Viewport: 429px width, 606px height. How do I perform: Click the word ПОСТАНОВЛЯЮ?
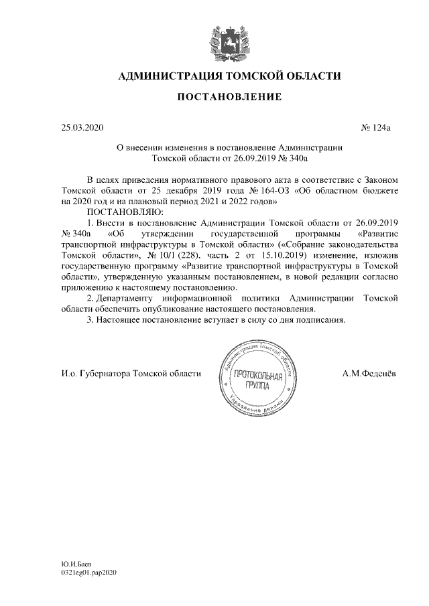click(x=119, y=212)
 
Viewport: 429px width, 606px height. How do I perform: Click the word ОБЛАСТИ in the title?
click(x=310, y=76)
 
